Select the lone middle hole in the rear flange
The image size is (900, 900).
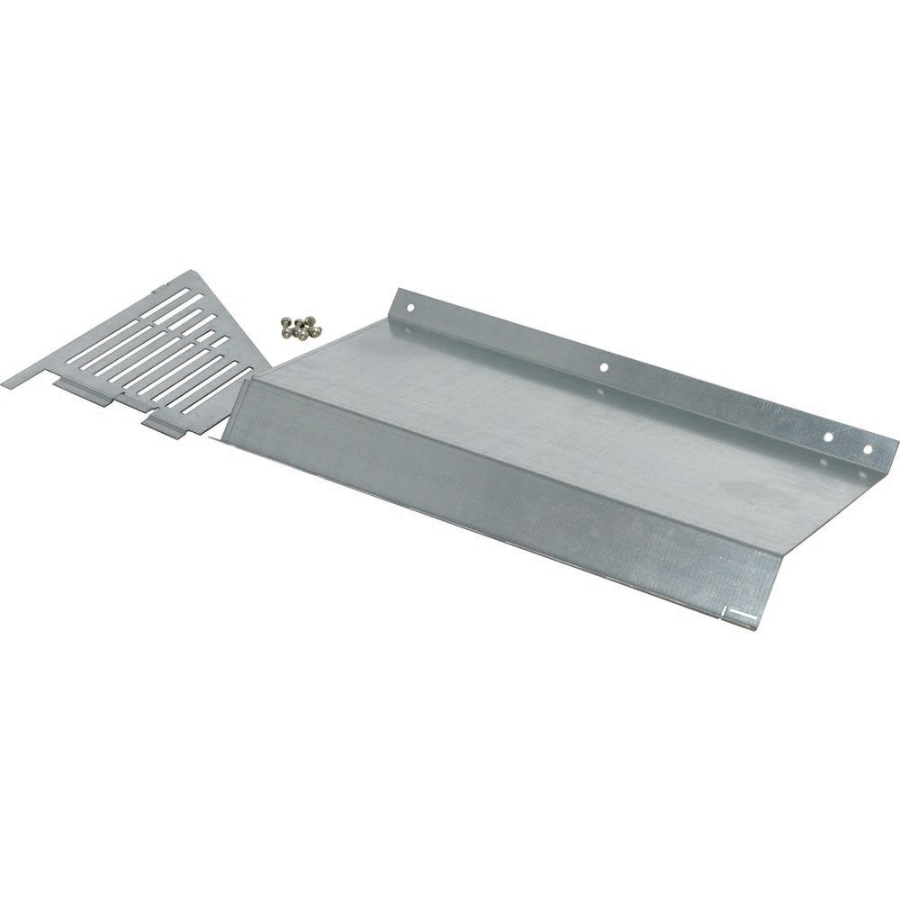pos(603,367)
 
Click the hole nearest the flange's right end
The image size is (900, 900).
pos(869,449)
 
